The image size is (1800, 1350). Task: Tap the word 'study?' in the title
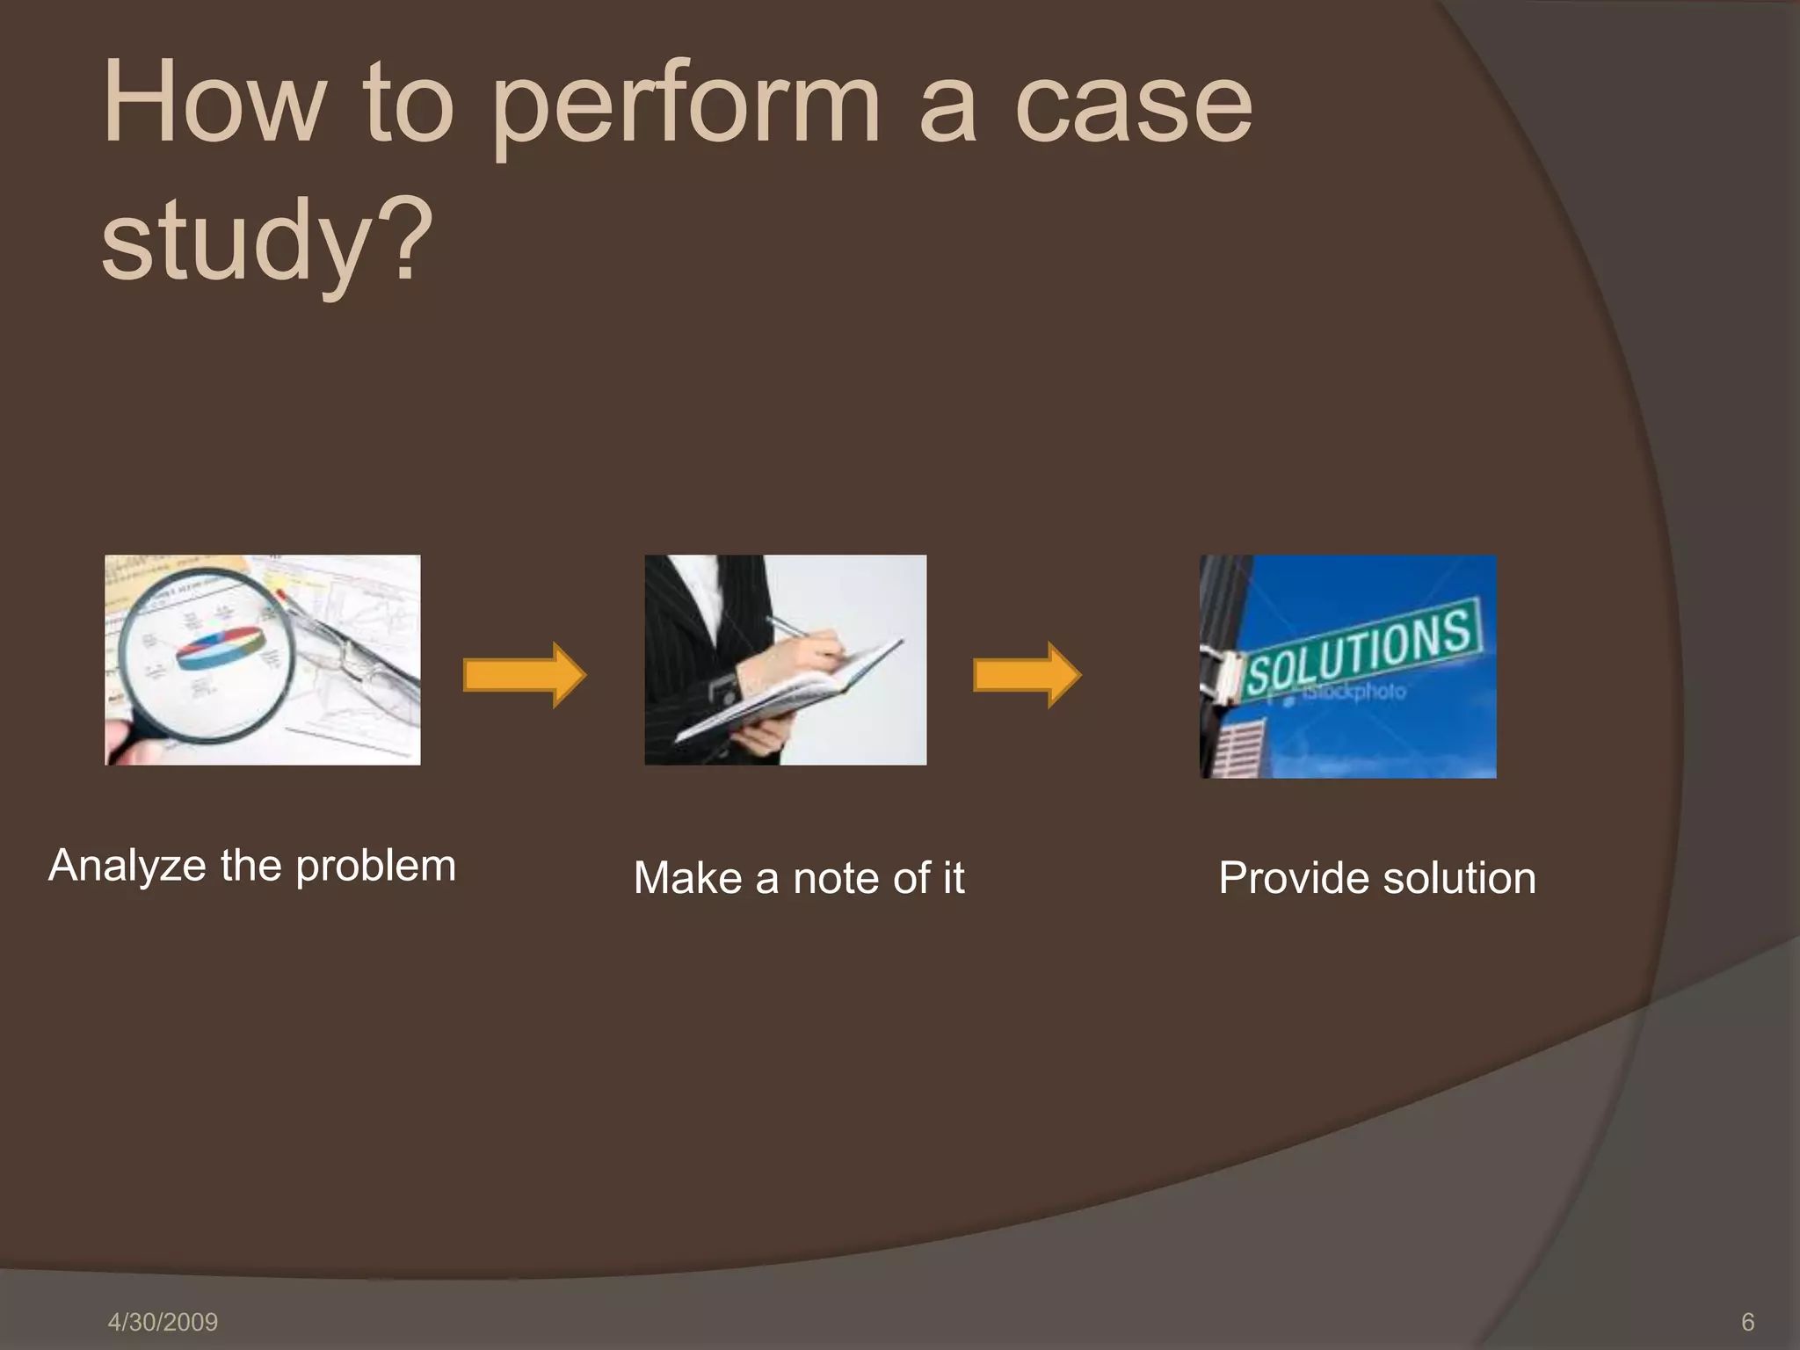pyautogui.click(x=267, y=239)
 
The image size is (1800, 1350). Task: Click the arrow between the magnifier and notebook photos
pyautogui.click(x=524, y=675)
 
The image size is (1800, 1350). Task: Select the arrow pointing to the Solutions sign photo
pyautogui.click(x=1027, y=675)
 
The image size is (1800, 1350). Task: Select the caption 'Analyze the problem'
pyautogui.click(x=252, y=867)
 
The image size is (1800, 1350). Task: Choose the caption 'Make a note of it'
pyautogui.click(x=798, y=878)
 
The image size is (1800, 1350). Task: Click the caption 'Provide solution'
pyautogui.click(x=1376, y=878)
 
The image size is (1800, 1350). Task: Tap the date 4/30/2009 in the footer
pyautogui.click(x=163, y=1322)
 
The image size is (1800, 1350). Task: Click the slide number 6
pyautogui.click(x=1747, y=1322)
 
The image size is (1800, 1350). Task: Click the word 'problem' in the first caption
pyautogui.click(x=375, y=867)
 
